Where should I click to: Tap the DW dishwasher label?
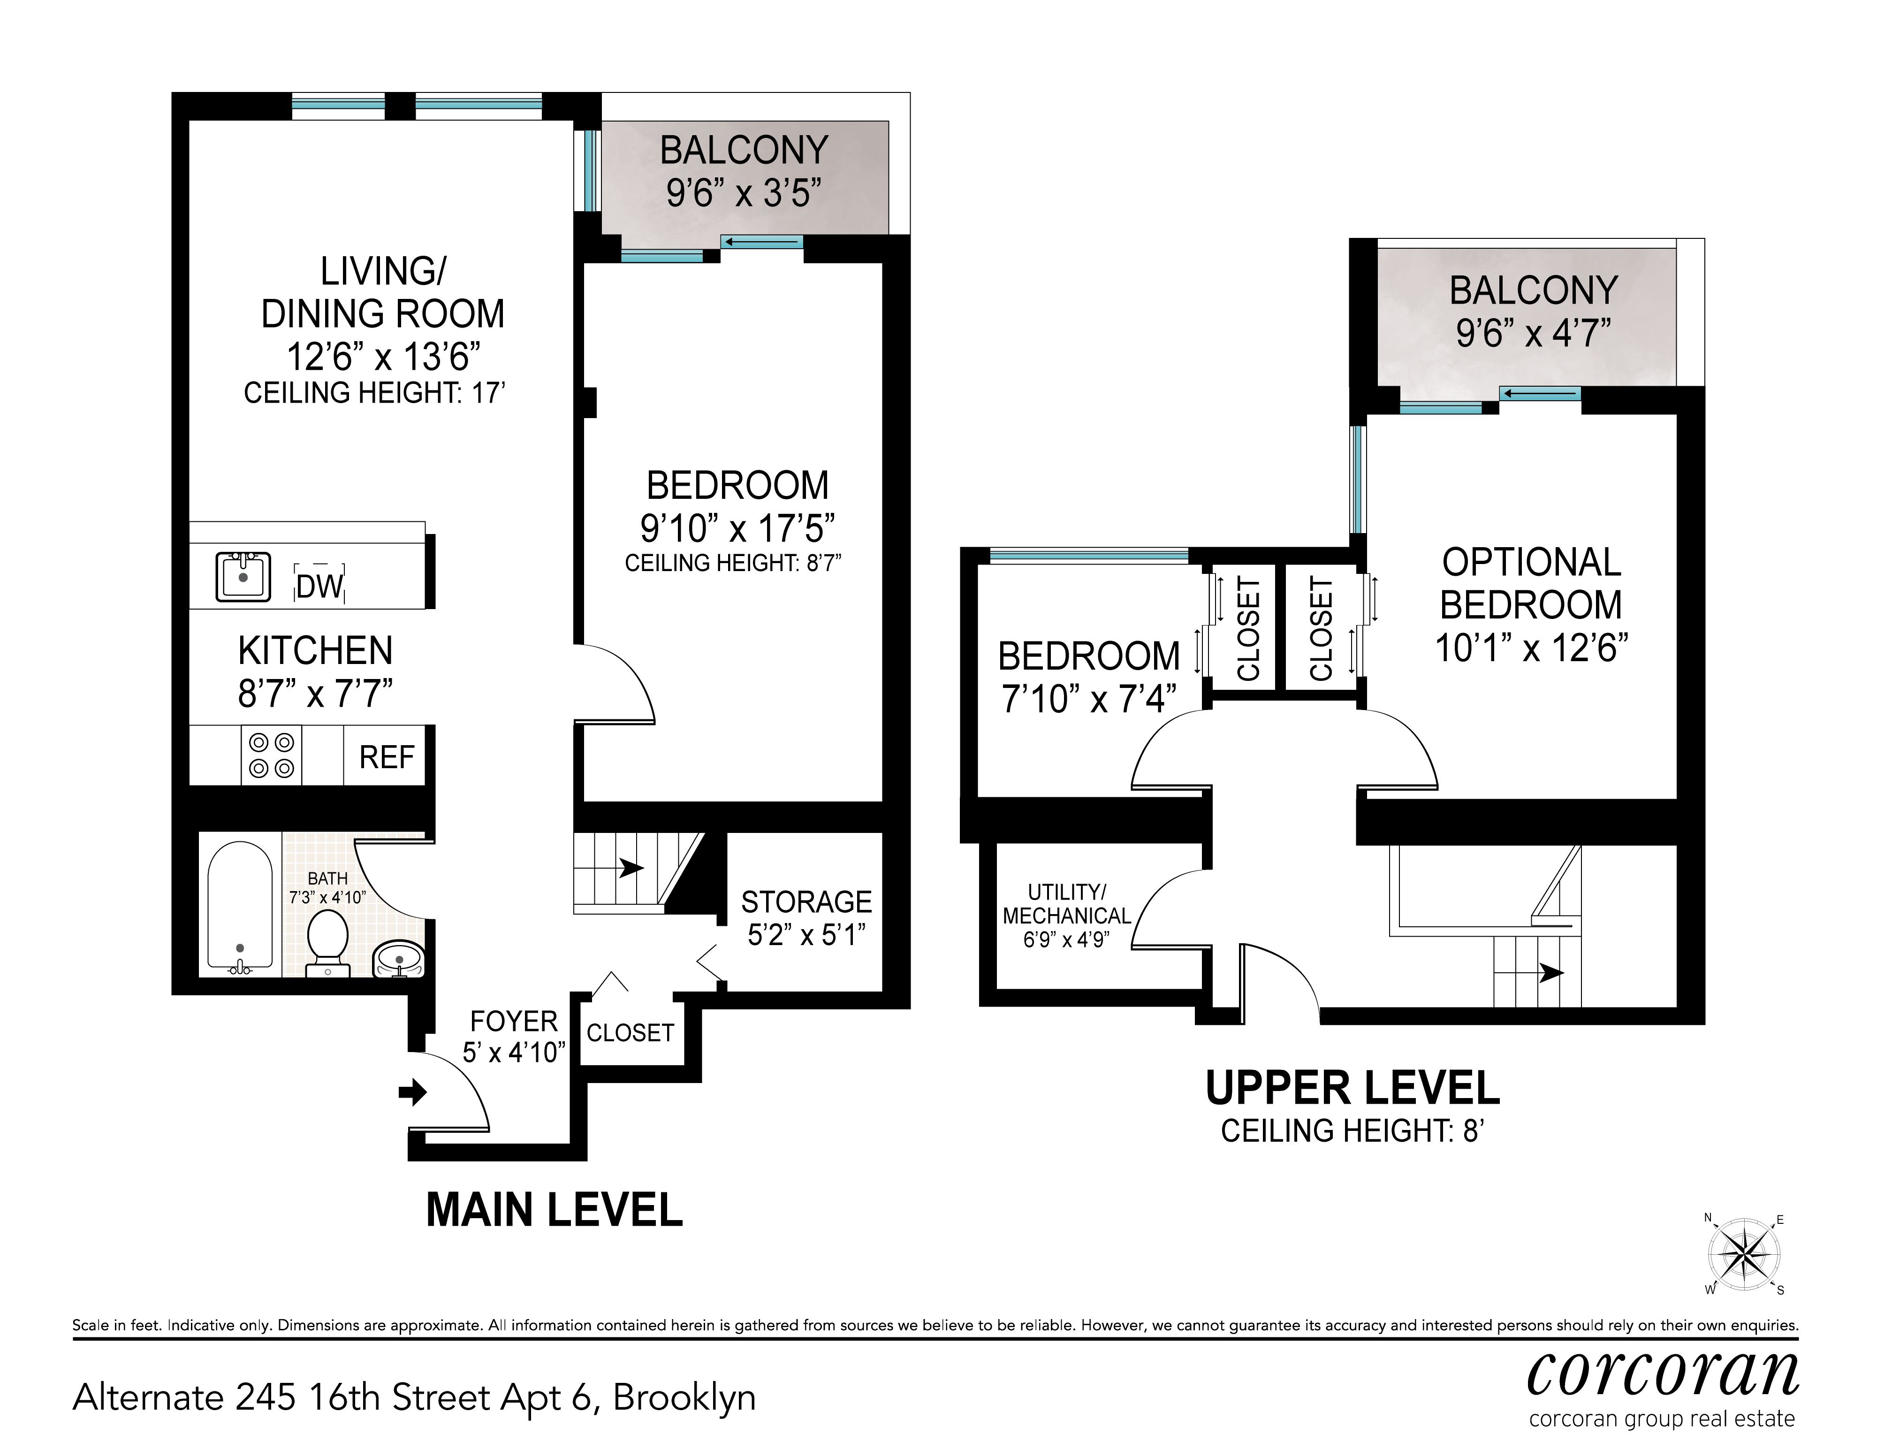click(319, 587)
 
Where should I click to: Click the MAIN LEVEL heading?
click(555, 1210)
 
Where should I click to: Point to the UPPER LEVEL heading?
click(1353, 1088)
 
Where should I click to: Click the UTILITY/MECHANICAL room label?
click(1066, 904)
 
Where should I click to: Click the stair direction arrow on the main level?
click(631, 868)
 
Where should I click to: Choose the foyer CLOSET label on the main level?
click(630, 1033)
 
